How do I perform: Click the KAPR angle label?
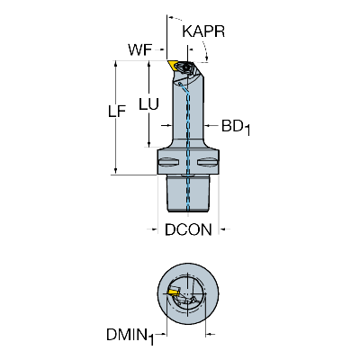[x=203, y=31]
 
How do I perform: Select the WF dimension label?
[x=140, y=49]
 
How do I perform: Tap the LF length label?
[x=117, y=112]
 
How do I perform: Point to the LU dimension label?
[x=148, y=104]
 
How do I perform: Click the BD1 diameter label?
[x=236, y=127]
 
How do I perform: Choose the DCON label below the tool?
[x=188, y=229]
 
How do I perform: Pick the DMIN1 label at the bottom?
[x=130, y=336]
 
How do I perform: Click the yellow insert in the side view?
[x=173, y=65]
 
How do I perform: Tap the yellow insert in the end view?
[x=173, y=292]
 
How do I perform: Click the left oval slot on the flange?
[x=169, y=162]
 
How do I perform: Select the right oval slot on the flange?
[x=207, y=162]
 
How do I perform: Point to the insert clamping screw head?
[x=188, y=67]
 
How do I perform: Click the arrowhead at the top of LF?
[x=115, y=64]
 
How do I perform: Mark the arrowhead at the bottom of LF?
[x=115, y=170]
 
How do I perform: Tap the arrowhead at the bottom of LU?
[x=148, y=144]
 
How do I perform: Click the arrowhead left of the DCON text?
[x=154, y=229]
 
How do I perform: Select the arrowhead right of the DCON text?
[x=223, y=229]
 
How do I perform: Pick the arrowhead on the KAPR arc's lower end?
[x=207, y=57]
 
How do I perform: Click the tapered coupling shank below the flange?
[x=188, y=194]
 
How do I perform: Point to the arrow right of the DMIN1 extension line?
[x=211, y=334]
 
